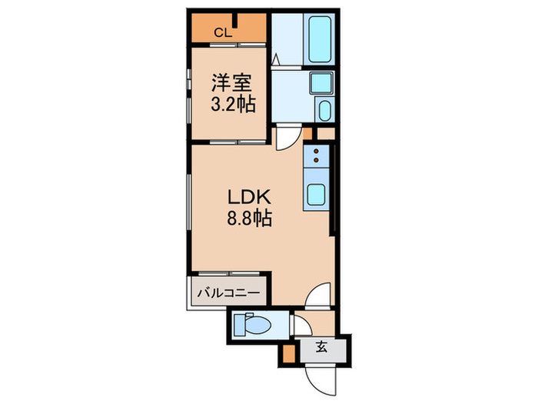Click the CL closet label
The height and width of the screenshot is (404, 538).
[221, 32]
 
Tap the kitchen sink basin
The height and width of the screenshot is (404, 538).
[317, 195]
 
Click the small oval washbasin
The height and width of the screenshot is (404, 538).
[324, 111]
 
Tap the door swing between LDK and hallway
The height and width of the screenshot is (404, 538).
[318, 295]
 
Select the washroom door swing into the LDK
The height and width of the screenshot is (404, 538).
[286, 137]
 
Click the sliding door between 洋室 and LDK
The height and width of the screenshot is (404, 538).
[230, 143]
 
